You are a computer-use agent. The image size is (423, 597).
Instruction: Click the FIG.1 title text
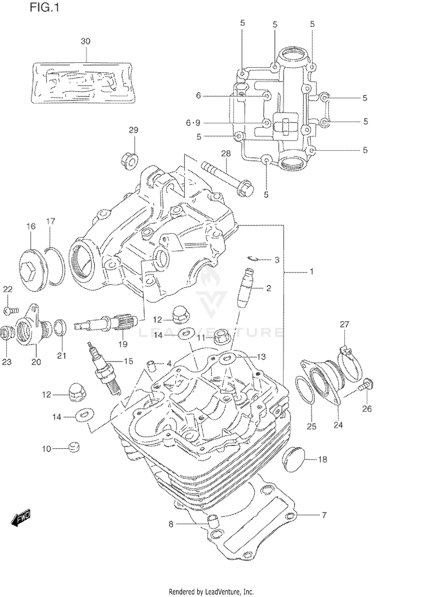tap(45, 8)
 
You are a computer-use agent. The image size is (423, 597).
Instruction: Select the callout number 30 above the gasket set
tap(85, 41)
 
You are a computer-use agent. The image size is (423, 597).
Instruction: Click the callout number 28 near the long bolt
tap(226, 153)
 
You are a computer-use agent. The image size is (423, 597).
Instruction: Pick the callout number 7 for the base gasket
tap(324, 515)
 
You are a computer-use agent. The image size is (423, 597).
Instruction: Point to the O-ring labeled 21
tap(60, 328)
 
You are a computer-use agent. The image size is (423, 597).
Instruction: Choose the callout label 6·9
tap(193, 123)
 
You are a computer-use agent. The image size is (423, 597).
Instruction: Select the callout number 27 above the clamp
tap(344, 324)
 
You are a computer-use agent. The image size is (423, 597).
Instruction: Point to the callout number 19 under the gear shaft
tap(123, 344)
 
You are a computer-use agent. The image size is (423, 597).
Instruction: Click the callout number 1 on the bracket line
tap(312, 271)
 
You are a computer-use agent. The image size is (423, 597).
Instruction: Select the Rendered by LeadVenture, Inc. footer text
tap(211, 592)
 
